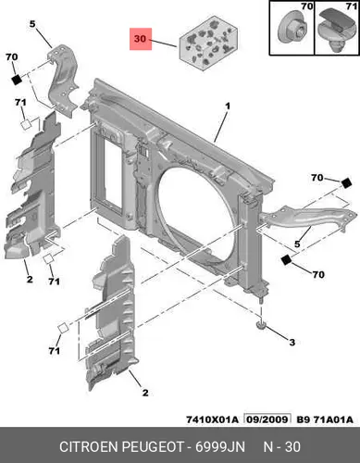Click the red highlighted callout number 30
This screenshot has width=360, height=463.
click(x=141, y=39)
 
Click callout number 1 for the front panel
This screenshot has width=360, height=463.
click(x=228, y=106)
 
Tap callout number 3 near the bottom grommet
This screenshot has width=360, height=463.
click(x=292, y=342)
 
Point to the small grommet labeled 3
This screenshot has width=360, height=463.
click(x=262, y=325)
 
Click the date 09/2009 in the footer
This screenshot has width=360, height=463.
click(x=267, y=419)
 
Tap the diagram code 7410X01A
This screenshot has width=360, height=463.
click(x=212, y=419)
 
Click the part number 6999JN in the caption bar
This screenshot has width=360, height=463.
click(x=220, y=447)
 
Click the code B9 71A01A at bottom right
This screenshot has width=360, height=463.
click(x=325, y=419)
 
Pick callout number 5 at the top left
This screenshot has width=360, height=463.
click(x=32, y=24)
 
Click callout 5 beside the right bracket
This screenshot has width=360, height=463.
click(x=297, y=244)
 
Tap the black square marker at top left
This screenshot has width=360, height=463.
click(x=17, y=80)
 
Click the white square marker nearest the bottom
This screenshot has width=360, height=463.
click(x=64, y=327)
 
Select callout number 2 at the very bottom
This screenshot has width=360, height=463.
click(x=145, y=393)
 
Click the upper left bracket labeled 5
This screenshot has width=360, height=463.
click(x=63, y=80)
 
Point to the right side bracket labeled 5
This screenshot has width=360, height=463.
click(x=307, y=219)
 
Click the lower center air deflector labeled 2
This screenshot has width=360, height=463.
click(x=111, y=312)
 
